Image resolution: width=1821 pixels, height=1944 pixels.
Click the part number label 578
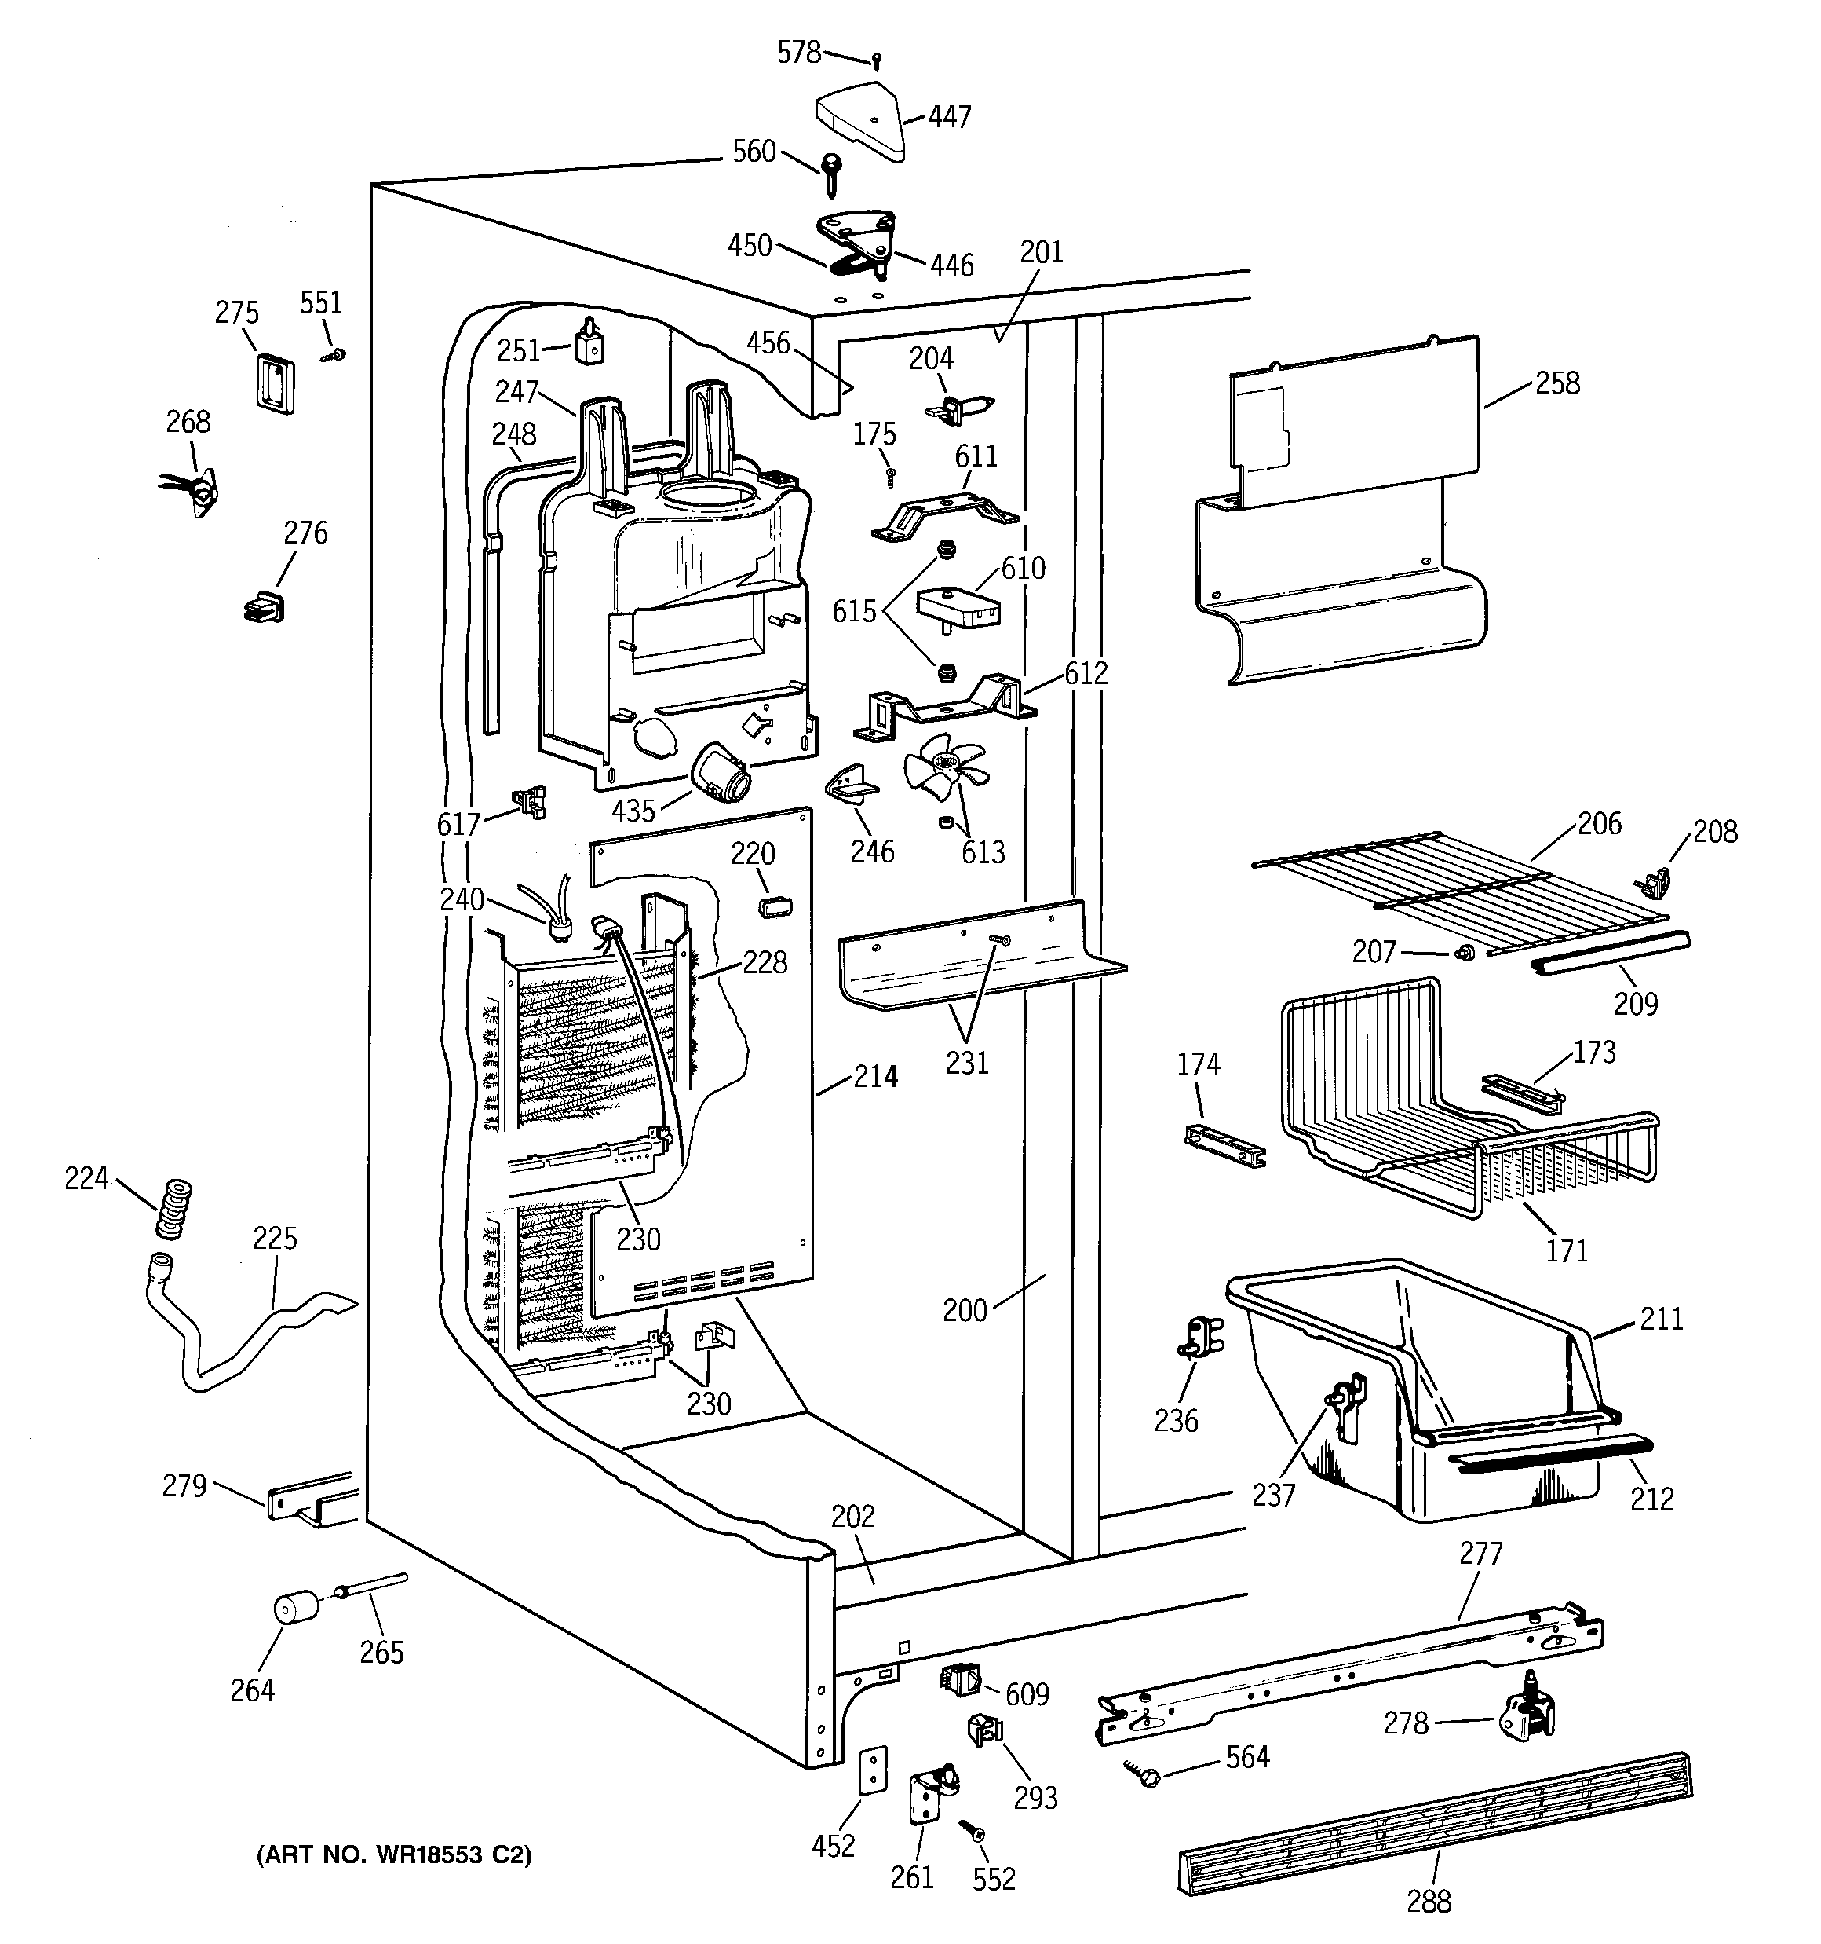click(798, 52)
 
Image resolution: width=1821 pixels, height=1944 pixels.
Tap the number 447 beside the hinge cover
click(949, 117)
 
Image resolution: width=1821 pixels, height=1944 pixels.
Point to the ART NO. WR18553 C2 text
click(394, 1855)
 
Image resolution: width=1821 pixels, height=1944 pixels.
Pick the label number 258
click(1557, 383)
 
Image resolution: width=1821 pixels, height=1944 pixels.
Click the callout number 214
click(875, 1077)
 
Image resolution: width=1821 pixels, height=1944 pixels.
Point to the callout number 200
click(965, 1309)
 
